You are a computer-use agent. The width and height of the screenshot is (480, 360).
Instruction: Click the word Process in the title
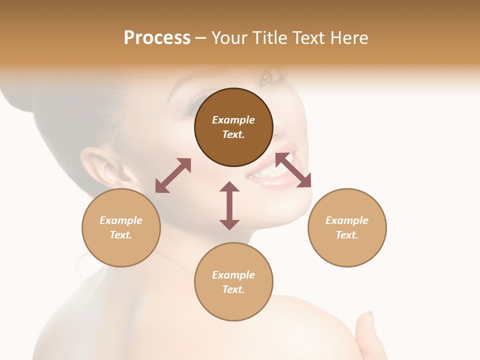click(157, 38)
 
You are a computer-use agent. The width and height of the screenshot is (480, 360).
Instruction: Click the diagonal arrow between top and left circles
click(173, 175)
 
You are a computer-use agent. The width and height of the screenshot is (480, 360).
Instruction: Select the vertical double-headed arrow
click(229, 205)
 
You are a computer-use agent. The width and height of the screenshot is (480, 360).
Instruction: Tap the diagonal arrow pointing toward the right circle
click(293, 170)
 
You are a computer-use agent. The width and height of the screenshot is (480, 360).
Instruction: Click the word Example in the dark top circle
click(233, 120)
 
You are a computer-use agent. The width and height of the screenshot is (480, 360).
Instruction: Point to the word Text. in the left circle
click(121, 235)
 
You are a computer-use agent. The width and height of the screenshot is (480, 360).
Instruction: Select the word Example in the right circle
click(347, 220)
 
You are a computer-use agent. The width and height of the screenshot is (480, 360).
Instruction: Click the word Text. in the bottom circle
click(233, 289)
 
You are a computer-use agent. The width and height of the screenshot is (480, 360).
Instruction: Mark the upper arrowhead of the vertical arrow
click(229, 187)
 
